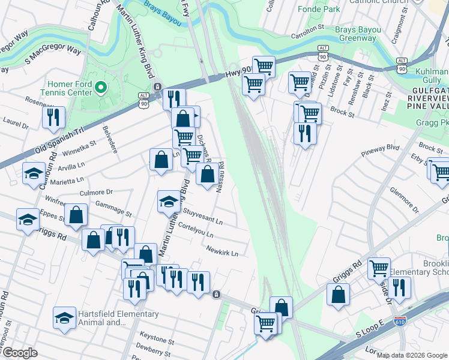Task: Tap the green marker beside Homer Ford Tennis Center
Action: pyautogui.click(x=100, y=89)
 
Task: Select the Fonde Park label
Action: pyautogui.click(x=319, y=9)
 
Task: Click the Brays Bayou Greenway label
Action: pyautogui.click(x=355, y=34)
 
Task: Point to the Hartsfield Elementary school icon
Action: pyautogui.click(x=65, y=318)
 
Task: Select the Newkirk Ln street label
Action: pyautogui.click(x=222, y=250)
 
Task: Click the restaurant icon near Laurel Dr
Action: pyautogui.click(x=53, y=117)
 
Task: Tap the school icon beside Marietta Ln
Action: pyautogui.click(x=34, y=174)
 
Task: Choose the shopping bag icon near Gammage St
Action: pyautogui.click(x=77, y=215)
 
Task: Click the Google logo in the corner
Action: pyautogui.click(x=19, y=353)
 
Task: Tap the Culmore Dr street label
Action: pyautogui.click(x=96, y=193)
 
